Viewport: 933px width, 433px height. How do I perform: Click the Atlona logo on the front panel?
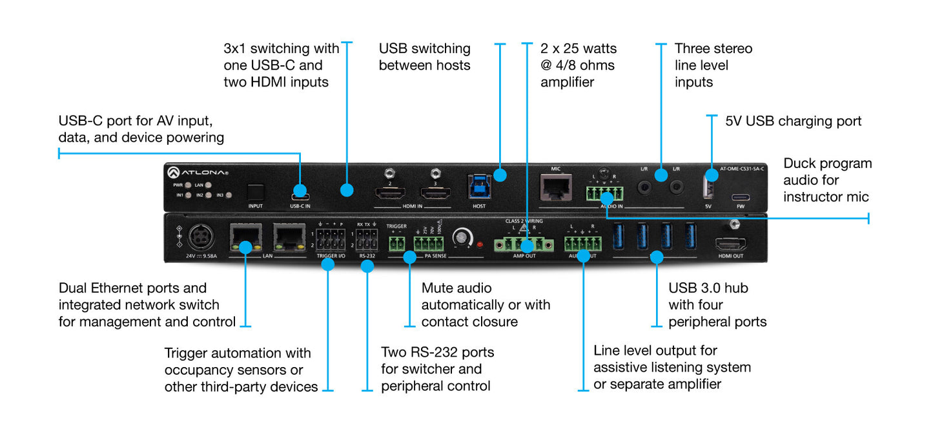(x=198, y=172)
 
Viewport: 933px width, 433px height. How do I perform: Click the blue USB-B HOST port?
(x=479, y=186)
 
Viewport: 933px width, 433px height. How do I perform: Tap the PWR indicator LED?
(x=187, y=185)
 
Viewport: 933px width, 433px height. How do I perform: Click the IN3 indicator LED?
(x=229, y=195)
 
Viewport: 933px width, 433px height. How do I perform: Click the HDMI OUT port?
(x=730, y=245)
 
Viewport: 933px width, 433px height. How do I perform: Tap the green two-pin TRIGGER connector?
(x=396, y=244)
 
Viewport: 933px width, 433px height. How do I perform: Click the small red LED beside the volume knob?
(x=480, y=245)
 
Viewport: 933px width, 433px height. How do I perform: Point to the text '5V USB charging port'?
(x=793, y=121)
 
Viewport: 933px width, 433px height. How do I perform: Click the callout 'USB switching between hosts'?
(x=424, y=57)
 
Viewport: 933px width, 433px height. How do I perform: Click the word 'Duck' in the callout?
(x=800, y=164)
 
